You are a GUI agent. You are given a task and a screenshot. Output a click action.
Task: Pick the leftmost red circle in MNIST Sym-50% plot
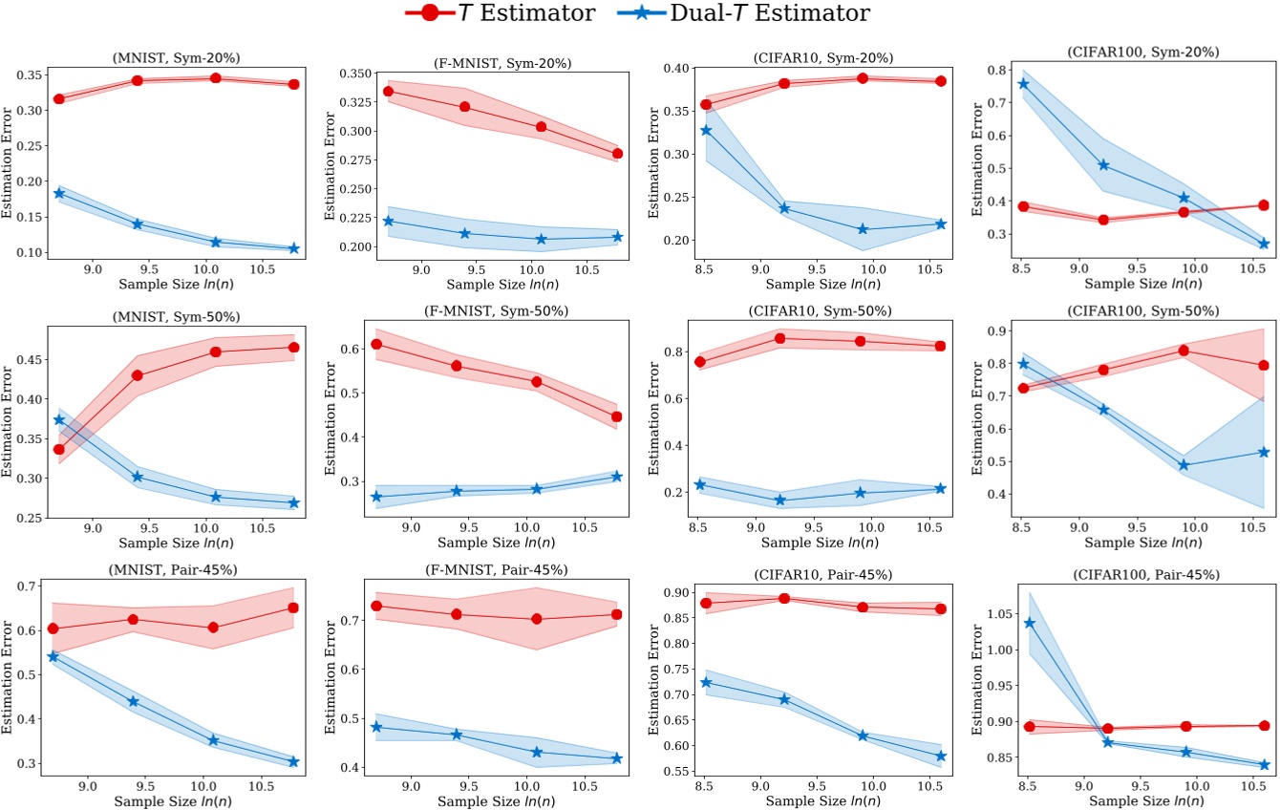tap(59, 449)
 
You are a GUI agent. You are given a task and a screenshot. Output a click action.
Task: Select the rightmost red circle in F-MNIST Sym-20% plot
tap(617, 154)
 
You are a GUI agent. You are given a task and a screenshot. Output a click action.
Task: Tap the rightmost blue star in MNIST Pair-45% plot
tap(293, 761)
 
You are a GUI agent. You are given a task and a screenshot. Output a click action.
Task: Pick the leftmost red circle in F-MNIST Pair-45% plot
tap(376, 607)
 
